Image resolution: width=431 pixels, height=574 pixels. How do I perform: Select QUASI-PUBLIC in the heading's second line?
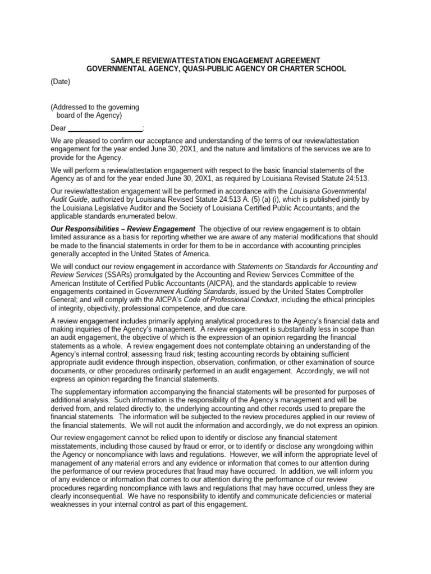[x=212, y=68]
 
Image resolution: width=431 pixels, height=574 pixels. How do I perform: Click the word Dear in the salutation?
[x=58, y=128]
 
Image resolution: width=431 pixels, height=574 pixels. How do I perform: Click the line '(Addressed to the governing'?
[x=95, y=107]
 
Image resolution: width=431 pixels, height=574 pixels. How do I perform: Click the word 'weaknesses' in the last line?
[x=71, y=504]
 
